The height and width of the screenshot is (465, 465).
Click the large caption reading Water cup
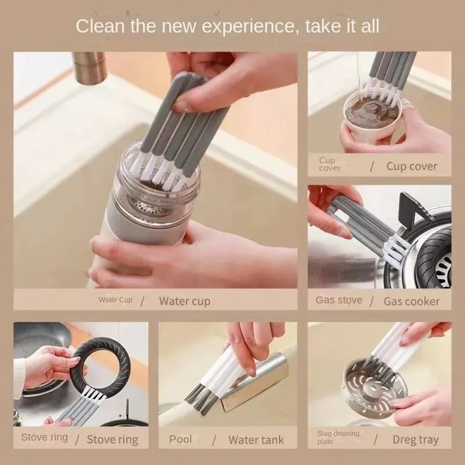point(184,301)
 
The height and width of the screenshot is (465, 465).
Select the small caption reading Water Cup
point(115,300)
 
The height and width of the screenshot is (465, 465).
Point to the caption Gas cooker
point(411,301)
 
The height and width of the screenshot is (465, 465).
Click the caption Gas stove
point(339,300)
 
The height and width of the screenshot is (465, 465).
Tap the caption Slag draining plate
point(338,438)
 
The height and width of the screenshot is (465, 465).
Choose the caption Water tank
point(256,439)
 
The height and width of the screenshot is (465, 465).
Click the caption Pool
point(180,439)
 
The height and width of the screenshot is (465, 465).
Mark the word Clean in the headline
point(100,26)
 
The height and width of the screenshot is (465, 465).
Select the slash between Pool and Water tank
point(214,440)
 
